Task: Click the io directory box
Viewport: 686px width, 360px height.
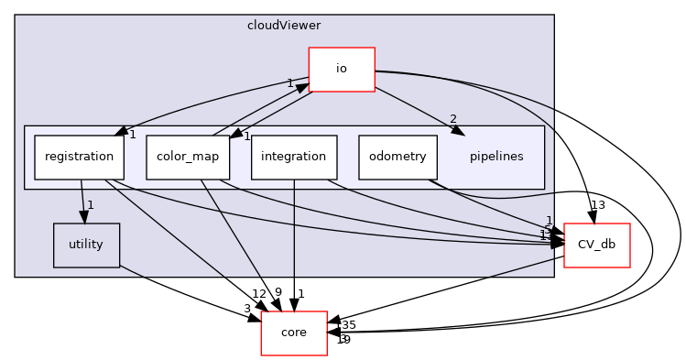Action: click(x=341, y=70)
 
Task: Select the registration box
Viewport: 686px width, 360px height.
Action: click(x=79, y=157)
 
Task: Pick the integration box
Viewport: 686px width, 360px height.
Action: click(x=293, y=157)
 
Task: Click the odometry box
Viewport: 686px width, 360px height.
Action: click(x=397, y=157)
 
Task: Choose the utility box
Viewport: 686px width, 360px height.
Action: click(x=86, y=245)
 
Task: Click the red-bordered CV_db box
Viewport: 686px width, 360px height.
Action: click(x=596, y=245)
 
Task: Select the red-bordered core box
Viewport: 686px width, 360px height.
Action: click(x=293, y=333)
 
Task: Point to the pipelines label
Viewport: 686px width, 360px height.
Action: click(x=495, y=157)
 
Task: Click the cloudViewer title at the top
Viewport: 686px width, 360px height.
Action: click(x=284, y=25)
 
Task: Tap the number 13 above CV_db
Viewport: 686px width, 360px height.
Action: click(x=598, y=204)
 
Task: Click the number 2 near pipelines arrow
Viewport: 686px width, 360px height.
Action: click(x=452, y=119)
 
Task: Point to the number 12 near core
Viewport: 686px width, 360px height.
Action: click(x=258, y=293)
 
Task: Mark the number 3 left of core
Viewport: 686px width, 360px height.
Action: click(x=246, y=309)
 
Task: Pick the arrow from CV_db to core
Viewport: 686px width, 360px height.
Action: click(x=449, y=287)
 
